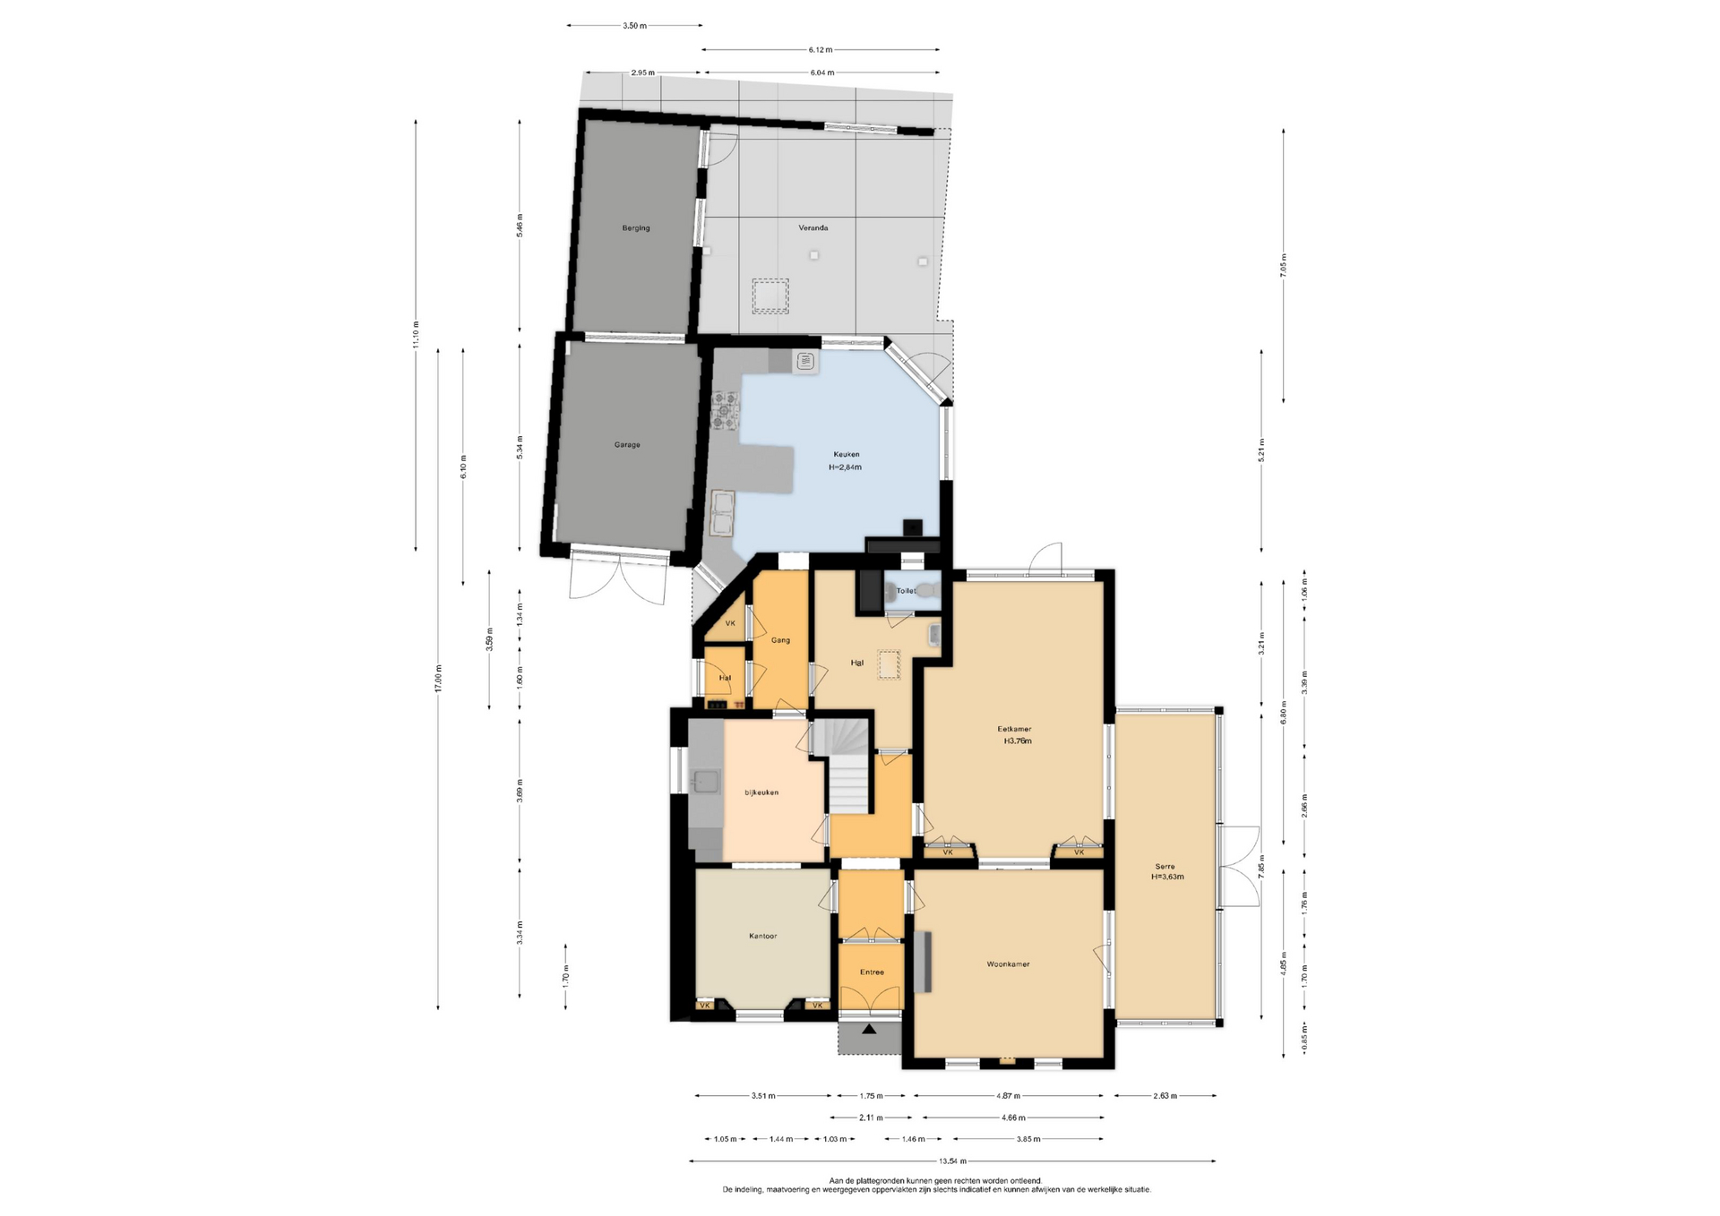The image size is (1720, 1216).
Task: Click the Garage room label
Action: coord(627,445)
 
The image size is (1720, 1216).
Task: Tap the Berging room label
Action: coord(636,228)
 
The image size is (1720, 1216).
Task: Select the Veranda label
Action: coord(813,228)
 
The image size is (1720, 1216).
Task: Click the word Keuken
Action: coord(846,455)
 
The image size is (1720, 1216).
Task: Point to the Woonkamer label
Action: coord(1008,964)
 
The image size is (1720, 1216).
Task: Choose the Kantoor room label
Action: coord(763,936)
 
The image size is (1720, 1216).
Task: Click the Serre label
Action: coord(1165,866)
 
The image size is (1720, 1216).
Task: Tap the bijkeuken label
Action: coord(761,792)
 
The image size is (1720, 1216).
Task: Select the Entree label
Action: coord(872,972)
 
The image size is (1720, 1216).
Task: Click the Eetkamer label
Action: coord(1014,729)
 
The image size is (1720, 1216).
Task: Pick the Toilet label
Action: coord(906,591)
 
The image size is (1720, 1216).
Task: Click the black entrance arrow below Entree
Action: coord(868,1030)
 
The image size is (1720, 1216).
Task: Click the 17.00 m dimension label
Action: coord(438,679)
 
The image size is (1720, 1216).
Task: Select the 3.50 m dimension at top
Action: coord(634,26)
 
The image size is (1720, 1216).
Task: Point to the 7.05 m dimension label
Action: coord(1284,266)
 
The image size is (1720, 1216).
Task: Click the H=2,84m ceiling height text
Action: coord(845,467)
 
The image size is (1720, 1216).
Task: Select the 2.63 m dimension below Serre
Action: coord(1165,1095)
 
